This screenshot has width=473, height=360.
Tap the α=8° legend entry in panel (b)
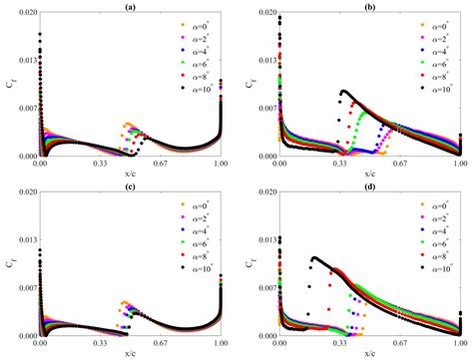tap(436, 76)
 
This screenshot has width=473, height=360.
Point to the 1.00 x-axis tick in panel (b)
tap(460, 165)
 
